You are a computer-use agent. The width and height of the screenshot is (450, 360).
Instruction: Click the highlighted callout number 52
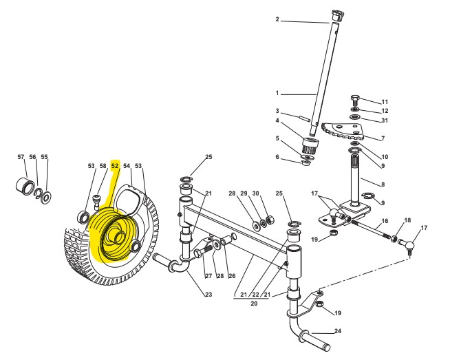coord(115,166)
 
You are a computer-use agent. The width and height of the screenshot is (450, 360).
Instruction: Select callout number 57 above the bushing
coord(21,157)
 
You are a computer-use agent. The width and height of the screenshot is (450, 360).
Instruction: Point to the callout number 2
coord(277,20)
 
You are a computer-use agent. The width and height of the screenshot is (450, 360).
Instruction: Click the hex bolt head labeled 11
coord(355,98)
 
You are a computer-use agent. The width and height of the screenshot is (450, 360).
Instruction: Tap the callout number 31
coord(385,121)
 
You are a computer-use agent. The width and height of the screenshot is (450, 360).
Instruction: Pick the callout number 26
coord(232,276)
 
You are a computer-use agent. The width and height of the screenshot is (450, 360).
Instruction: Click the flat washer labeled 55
coord(47,198)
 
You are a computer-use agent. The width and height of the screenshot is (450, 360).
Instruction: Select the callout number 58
coord(103,166)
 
